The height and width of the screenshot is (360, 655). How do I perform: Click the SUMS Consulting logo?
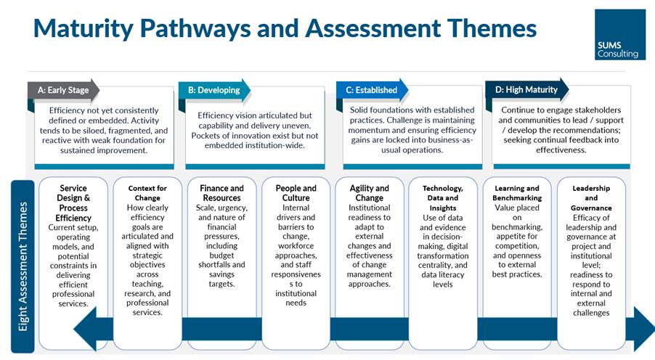click(620, 35)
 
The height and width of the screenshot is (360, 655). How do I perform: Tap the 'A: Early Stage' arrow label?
click(63, 90)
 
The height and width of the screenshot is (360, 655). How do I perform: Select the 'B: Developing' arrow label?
click(214, 90)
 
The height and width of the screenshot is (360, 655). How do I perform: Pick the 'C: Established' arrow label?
click(372, 90)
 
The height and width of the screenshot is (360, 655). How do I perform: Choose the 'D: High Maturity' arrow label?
click(526, 89)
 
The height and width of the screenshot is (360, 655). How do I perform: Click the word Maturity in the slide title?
click(84, 28)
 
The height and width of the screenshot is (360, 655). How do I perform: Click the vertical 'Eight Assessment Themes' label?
click(23, 266)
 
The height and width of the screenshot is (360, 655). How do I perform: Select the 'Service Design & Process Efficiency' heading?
click(73, 203)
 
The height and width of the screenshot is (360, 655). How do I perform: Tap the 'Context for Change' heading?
click(147, 193)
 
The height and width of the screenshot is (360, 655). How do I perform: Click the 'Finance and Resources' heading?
click(221, 193)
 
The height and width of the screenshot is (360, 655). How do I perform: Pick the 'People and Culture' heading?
click(296, 193)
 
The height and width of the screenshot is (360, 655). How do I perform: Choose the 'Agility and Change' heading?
click(370, 193)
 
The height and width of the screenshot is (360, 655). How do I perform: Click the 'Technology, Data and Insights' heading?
click(443, 198)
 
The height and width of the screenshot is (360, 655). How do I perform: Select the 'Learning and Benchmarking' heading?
click(517, 193)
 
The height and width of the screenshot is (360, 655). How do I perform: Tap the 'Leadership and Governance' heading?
click(591, 198)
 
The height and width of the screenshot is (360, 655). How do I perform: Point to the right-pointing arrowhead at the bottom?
click(644, 329)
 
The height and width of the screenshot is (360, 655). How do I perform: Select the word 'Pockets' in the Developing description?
click(205, 136)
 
